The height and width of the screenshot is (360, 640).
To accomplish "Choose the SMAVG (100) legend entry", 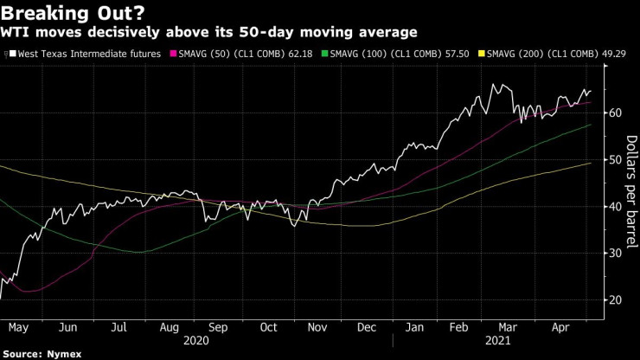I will pos(384,54).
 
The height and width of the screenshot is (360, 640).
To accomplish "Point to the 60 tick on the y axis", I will pos(615,112).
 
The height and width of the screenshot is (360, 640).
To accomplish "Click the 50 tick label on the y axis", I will pos(615,159).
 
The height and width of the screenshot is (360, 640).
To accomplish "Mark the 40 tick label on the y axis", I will pos(615,206).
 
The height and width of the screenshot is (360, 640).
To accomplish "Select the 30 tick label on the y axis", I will pos(615,253).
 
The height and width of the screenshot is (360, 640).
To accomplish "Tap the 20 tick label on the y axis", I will pos(615,299).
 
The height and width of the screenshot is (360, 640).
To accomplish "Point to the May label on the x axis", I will pos(19,327).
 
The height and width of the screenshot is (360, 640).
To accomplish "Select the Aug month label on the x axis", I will pos(169,327).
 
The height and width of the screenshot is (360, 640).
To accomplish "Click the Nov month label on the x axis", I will pos(317,327).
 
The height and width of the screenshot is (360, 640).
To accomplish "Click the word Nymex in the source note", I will pos(56,354).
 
